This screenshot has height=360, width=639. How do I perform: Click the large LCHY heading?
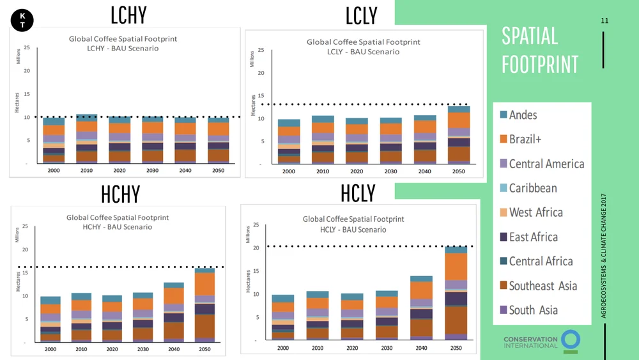click(x=128, y=14)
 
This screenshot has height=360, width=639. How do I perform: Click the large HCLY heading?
click(x=358, y=192)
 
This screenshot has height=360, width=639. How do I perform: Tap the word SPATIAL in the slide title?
click(x=530, y=36)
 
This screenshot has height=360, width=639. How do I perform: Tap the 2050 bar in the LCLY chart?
click(x=458, y=136)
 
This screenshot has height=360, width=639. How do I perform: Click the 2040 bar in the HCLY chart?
click(x=422, y=308)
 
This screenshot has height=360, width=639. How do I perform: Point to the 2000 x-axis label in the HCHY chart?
click(x=50, y=350)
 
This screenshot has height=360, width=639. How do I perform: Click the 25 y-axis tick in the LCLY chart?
click(x=260, y=51)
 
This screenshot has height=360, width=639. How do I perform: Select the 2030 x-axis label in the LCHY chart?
click(x=151, y=171)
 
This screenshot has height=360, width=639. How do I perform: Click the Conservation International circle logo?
click(x=571, y=341)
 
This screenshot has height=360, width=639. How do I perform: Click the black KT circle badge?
click(x=23, y=20)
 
